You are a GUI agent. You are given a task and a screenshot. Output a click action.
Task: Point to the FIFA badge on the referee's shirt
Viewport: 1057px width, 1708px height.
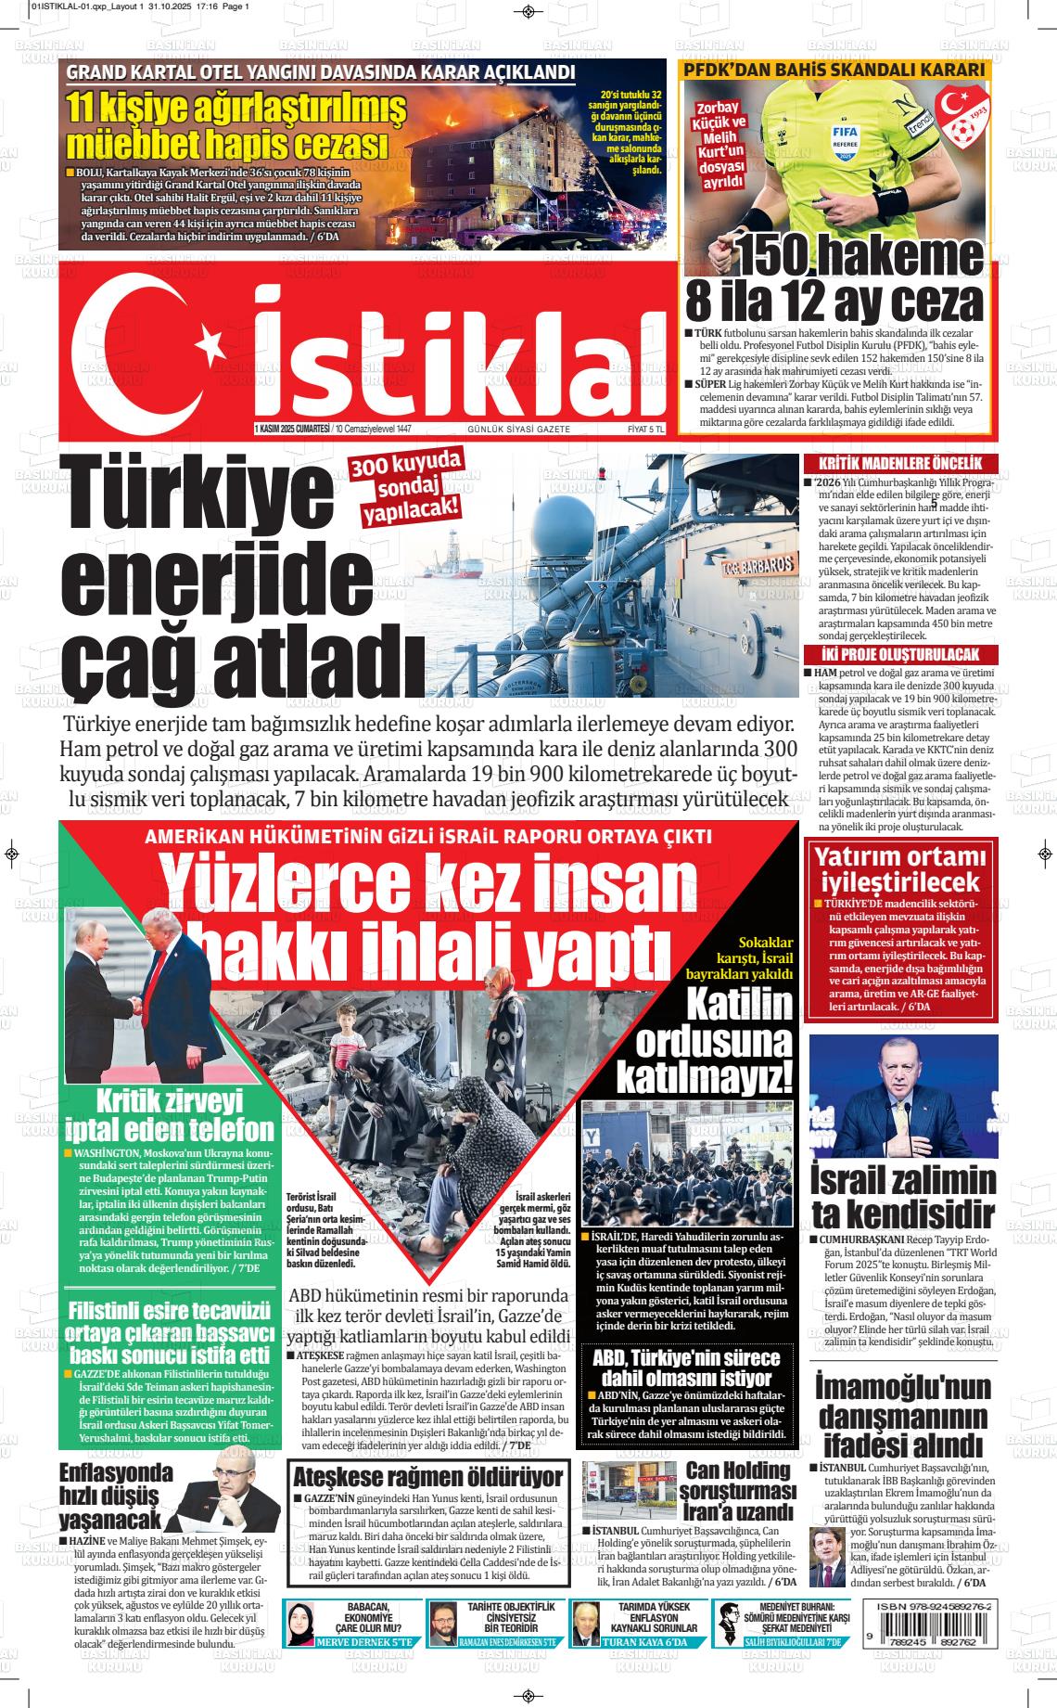(x=843, y=138)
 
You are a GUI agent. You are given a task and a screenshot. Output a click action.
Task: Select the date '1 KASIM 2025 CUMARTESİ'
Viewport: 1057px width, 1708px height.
(x=292, y=430)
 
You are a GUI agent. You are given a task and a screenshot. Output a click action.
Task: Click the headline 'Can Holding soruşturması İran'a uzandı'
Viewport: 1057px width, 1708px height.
(x=737, y=1492)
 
